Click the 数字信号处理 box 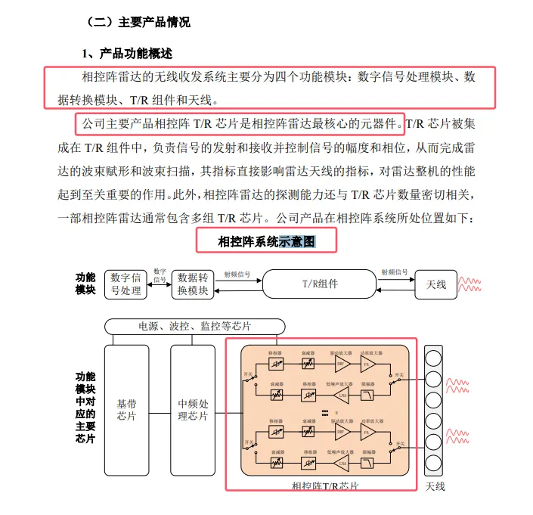coord(126,284)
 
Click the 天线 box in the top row coord(436,284)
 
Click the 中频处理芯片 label coord(192,409)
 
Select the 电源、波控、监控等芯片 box coord(194,326)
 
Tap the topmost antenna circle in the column coord(435,357)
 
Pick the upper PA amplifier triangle coord(368,365)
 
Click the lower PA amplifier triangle coord(368,433)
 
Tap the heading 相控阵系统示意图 coord(265,242)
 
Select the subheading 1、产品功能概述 coord(127,54)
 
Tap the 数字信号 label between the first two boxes coord(160,275)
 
